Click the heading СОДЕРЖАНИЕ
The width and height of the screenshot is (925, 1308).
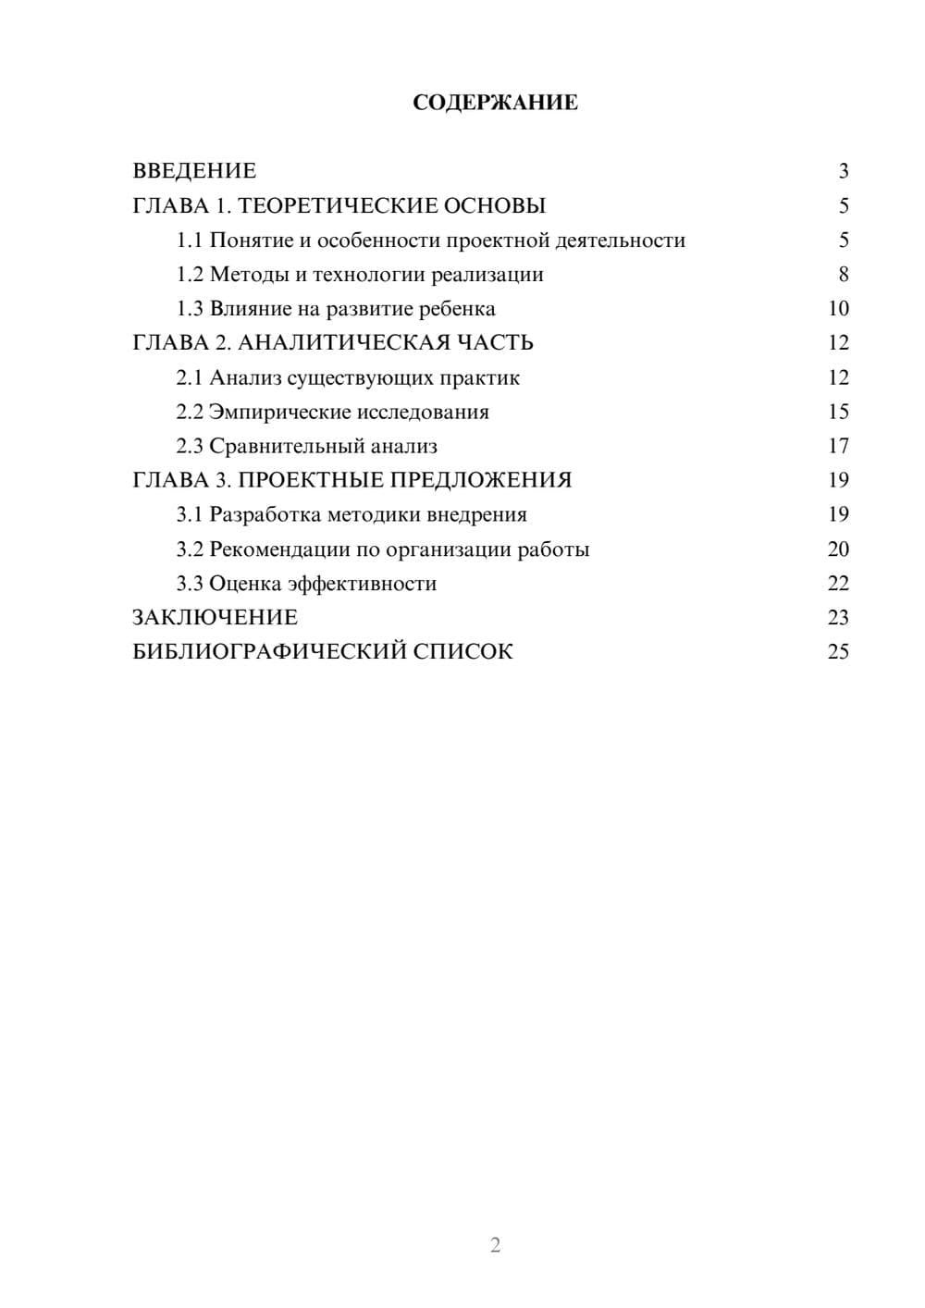[x=495, y=103]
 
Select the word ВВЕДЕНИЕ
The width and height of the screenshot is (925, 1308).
[x=194, y=171]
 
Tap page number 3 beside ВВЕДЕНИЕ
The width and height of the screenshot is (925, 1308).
[x=843, y=171]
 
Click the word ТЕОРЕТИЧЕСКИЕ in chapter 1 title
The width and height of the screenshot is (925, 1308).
[x=337, y=205]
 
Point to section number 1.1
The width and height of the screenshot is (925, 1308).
[x=190, y=241]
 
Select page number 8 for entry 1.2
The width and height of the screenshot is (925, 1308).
[x=843, y=275]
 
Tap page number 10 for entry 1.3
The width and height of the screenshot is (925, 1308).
[x=838, y=309]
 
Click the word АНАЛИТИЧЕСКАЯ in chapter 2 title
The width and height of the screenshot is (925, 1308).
[x=346, y=343]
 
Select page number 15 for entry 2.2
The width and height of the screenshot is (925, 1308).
[x=838, y=412]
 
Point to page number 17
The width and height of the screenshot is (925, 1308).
[x=838, y=446]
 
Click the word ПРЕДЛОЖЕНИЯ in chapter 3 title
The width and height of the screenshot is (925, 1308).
[x=481, y=480]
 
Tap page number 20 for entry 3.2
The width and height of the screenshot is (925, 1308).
[x=838, y=549]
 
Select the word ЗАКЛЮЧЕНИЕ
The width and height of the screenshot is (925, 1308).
[x=216, y=618]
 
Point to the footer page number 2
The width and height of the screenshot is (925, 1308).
[x=495, y=1245]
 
